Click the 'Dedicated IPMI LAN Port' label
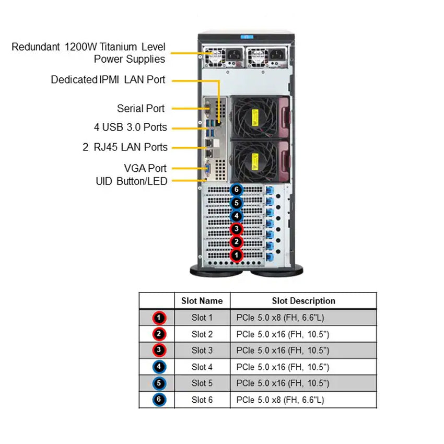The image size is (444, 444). (108, 80)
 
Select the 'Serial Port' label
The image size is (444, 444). (141, 109)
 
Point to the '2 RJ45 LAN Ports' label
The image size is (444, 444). (125, 147)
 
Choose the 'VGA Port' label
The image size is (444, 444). (145, 168)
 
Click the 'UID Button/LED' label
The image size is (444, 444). (131, 181)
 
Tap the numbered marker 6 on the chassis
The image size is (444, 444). (237, 190)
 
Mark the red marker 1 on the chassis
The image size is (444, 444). (237, 255)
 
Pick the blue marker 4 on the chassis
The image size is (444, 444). (237, 216)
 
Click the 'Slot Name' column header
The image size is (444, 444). (202, 301)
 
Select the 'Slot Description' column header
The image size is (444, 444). (303, 301)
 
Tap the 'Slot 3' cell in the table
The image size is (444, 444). (202, 350)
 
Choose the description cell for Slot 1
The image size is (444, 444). (303, 318)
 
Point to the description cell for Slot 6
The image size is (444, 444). (303, 400)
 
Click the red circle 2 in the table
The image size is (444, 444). (159, 334)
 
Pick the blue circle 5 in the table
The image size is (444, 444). (159, 383)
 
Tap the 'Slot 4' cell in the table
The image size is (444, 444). (202, 367)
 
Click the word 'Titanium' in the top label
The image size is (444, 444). (111, 47)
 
